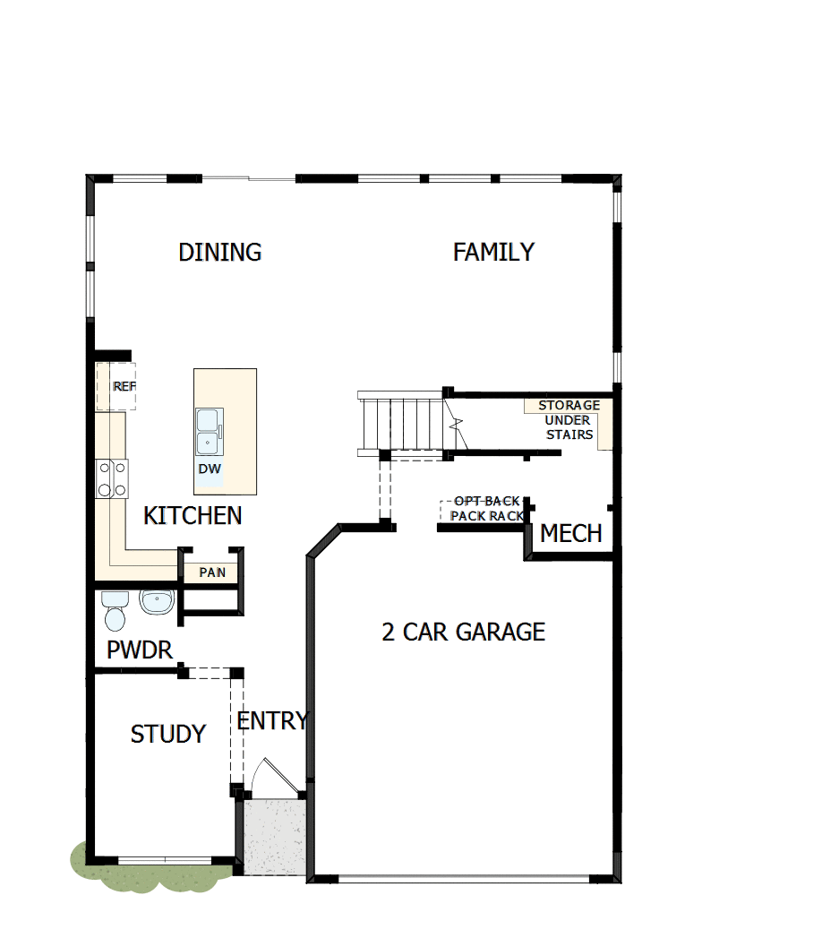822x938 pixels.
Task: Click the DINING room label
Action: (220, 253)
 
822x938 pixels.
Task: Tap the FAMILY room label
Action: (493, 253)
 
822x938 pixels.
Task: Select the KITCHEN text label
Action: (193, 516)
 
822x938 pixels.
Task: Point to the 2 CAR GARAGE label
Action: (463, 633)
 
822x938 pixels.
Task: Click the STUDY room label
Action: (168, 735)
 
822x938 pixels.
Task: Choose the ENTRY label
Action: (272, 720)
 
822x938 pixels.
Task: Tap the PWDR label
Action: (140, 650)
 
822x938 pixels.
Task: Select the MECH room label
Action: (570, 535)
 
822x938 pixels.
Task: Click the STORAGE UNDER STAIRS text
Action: (569, 420)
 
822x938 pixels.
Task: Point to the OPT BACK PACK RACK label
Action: (486, 509)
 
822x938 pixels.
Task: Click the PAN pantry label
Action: (212, 572)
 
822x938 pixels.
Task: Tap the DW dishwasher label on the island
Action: (210, 469)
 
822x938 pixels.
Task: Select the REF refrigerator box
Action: (117, 387)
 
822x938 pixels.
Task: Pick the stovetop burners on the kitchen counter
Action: (112, 478)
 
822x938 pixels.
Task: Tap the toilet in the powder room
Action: (116, 612)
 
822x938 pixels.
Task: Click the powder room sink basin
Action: (157, 603)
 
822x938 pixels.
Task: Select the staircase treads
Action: (402, 424)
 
